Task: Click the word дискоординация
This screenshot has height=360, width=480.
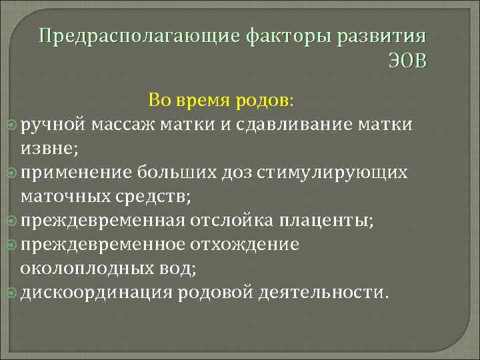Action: pos(97,292)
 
